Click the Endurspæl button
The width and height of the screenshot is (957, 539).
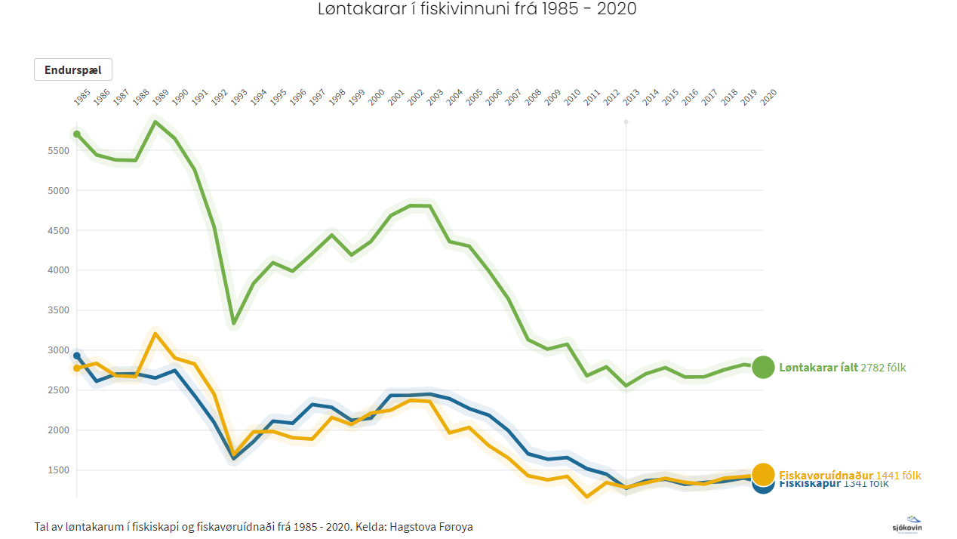(x=73, y=69)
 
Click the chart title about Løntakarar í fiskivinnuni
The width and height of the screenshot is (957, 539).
(x=477, y=10)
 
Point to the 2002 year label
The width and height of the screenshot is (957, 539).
(x=415, y=97)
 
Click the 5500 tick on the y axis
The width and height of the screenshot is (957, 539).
(x=59, y=150)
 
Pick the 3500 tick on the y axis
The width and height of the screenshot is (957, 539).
(x=59, y=310)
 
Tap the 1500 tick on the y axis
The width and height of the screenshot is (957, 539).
(x=59, y=470)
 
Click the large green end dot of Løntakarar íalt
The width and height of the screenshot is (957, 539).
(x=763, y=367)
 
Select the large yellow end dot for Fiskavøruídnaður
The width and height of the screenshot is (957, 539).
(x=763, y=474)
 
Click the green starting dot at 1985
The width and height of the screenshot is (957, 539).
(x=77, y=134)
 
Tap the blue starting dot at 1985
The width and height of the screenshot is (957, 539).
(x=77, y=356)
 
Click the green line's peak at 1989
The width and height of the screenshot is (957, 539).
(x=155, y=122)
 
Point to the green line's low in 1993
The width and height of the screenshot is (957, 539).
(x=234, y=323)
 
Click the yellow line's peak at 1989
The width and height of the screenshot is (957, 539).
(x=155, y=334)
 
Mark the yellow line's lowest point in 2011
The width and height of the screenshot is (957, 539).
(x=586, y=497)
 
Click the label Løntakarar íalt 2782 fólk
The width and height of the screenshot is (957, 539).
(x=842, y=368)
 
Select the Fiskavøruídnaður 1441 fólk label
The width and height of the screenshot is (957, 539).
(x=850, y=475)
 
